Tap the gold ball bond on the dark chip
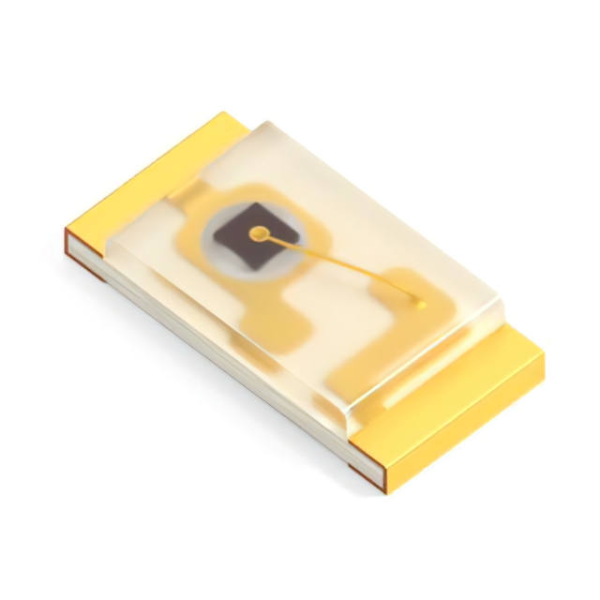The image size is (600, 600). point(259,232)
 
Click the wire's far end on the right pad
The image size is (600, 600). point(420,304)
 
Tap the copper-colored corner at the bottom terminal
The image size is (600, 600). point(367,474)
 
